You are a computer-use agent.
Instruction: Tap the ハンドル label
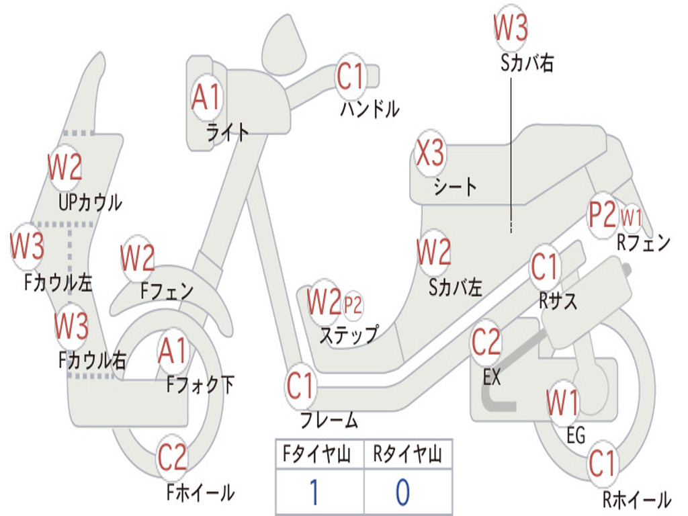[370, 109]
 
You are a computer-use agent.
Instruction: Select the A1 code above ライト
[206, 97]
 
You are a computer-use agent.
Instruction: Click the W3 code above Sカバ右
[511, 27]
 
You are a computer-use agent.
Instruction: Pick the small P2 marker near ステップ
[353, 304]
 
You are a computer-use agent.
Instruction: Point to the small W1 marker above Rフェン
[631, 217]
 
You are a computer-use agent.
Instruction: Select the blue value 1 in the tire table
[314, 492]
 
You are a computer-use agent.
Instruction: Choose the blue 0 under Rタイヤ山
[403, 492]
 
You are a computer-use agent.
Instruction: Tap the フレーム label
[329, 420]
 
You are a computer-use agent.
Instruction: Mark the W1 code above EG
[562, 402]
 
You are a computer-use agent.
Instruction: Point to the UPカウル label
[91, 203]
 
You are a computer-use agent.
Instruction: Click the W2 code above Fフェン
[138, 257]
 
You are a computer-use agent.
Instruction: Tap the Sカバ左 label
[456, 288]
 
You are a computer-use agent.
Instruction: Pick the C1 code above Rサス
[544, 266]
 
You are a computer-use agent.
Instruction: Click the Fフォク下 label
[200, 384]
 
